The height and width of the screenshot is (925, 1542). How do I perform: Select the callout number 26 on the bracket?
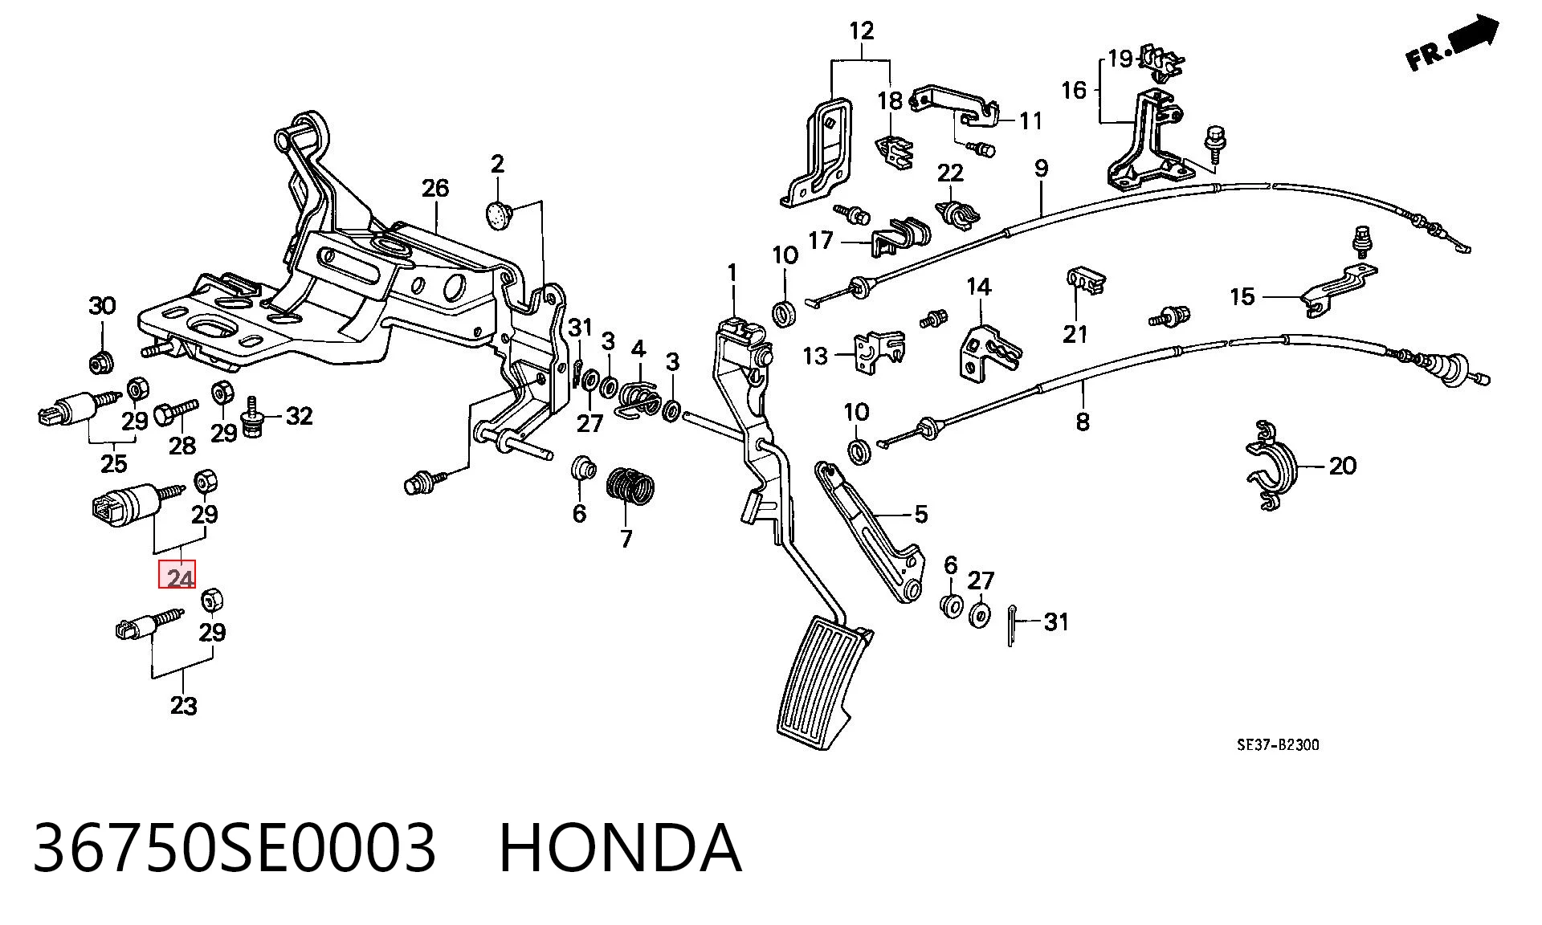coord(435,189)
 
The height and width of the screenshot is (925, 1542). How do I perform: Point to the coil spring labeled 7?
coord(631,488)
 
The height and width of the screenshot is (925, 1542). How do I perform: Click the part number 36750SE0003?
coord(235,848)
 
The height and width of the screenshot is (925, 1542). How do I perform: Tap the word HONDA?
coord(620,848)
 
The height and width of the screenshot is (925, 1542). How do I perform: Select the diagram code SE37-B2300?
coord(1278,745)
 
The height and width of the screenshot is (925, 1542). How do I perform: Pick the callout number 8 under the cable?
coord(1083,421)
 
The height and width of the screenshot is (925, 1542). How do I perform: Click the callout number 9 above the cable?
coord(1041,169)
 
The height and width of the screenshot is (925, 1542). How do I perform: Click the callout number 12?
coord(862,31)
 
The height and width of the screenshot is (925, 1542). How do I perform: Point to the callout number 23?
coord(183,706)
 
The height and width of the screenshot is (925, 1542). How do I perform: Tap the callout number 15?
coord(1242,296)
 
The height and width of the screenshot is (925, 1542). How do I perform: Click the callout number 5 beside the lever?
coord(920,514)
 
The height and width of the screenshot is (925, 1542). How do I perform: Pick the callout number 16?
coord(1074,90)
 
